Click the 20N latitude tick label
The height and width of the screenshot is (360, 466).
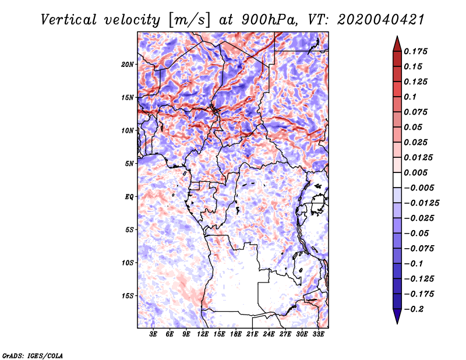click(x=128, y=65)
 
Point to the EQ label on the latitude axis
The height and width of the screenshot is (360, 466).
click(x=129, y=197)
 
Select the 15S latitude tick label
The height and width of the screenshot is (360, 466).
click(x=128, y=296)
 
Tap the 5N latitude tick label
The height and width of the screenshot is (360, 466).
click(x=129, y=164)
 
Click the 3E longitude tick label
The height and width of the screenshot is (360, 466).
click(x=153, y=334)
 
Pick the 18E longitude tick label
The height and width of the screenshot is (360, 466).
click(x=236, y=334)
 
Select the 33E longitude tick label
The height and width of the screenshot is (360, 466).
click(x=318, y=334)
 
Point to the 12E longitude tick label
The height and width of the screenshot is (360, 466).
click(x=203, y=334)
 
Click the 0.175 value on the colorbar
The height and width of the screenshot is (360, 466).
click(x=415, y=51)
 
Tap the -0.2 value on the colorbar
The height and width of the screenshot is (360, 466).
click(x=414, y=309)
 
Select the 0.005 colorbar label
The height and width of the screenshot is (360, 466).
click(x=415, y=172)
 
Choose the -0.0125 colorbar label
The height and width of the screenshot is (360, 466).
click(x=421, y=203)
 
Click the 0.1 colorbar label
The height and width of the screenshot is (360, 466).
click(x=410, y=97)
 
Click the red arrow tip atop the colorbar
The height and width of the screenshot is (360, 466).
click(x=397, y=36)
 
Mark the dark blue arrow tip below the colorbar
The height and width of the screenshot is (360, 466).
click(x=397, y=323)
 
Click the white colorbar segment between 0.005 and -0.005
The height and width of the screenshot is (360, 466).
click(x=397, y=180)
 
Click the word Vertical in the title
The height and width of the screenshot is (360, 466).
click(x=69, y=20)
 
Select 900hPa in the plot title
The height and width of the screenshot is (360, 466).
click(x=269, y=20)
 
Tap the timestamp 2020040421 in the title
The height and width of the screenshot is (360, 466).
click(x=381, y=20)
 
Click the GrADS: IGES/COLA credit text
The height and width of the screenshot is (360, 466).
click(x=33, y=355)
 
